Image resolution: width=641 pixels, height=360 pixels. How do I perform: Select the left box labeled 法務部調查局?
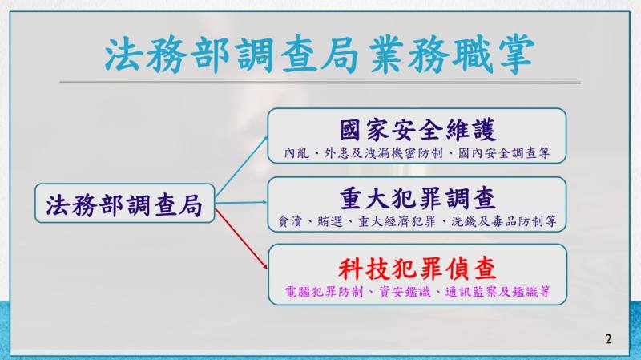(x=123, y=204)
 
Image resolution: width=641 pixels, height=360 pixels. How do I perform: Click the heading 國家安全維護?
(x=417, y=130)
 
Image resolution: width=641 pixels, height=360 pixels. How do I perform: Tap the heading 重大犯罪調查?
(x=417, y=197)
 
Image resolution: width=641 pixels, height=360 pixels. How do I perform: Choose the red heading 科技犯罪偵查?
(x=417, y=265)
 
